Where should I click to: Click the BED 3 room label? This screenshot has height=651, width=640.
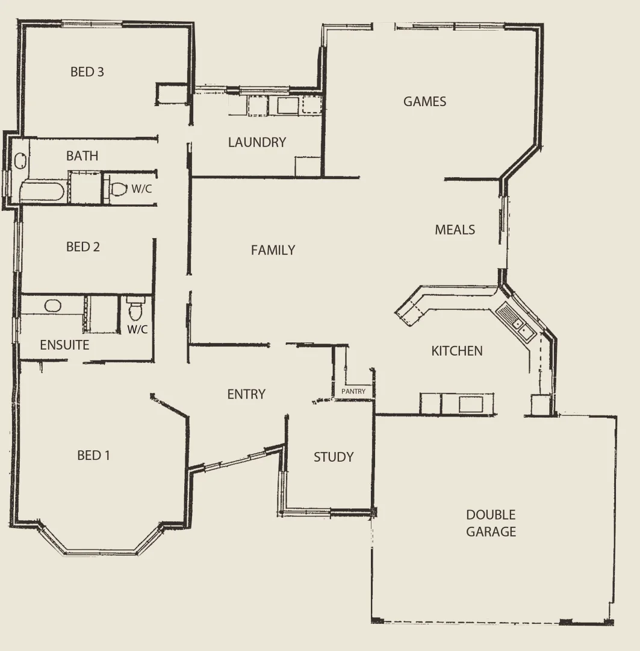(x=87, y=72)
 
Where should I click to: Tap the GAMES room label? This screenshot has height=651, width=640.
(x=424, y=101)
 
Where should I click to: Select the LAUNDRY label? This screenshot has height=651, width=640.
(x=256, y=142)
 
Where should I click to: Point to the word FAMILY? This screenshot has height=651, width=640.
(x=273, y=250)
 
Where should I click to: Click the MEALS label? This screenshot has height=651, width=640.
(x=455, y=230)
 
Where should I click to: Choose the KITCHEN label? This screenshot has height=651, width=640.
(x=456, y=351)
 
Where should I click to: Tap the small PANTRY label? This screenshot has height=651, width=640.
(x=353, y=391)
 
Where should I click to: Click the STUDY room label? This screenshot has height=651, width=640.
(x=333, y=457)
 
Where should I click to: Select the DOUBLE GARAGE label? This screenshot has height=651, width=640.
(x=491, y=523)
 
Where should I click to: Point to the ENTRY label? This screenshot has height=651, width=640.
(x=246, y=394)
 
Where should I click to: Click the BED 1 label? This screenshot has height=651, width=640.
(x=93, y=455)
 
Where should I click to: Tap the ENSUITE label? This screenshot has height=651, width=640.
(x=64, y=345)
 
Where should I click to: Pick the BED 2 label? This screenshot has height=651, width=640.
(x=83, y=247)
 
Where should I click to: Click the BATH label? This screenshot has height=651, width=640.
(x=82, y=156)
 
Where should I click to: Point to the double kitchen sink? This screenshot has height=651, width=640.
(x=515, y=323)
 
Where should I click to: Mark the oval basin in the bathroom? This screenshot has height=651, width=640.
(x=20, y=161)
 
